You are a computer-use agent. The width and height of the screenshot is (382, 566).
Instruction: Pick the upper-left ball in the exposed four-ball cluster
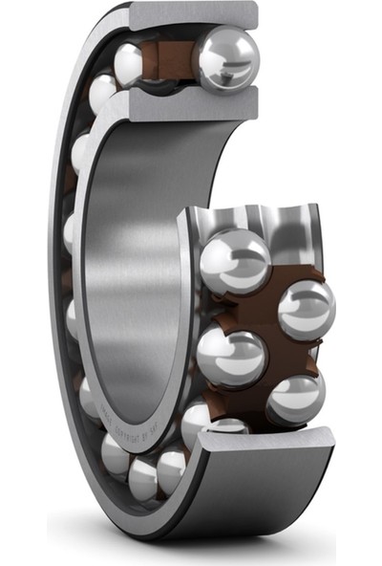tap(234, 261)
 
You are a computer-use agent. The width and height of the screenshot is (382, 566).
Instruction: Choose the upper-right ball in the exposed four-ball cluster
tap(306, 308)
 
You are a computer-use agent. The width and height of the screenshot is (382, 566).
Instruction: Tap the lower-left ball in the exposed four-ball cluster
tap(231, 356)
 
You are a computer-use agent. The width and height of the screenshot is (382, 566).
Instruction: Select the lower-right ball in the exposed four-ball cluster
tap(295, 399)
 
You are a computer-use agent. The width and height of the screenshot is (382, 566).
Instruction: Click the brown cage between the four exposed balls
tap(267, 330)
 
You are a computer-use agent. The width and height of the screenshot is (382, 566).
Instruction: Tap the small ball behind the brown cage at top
tap(130, 63)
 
